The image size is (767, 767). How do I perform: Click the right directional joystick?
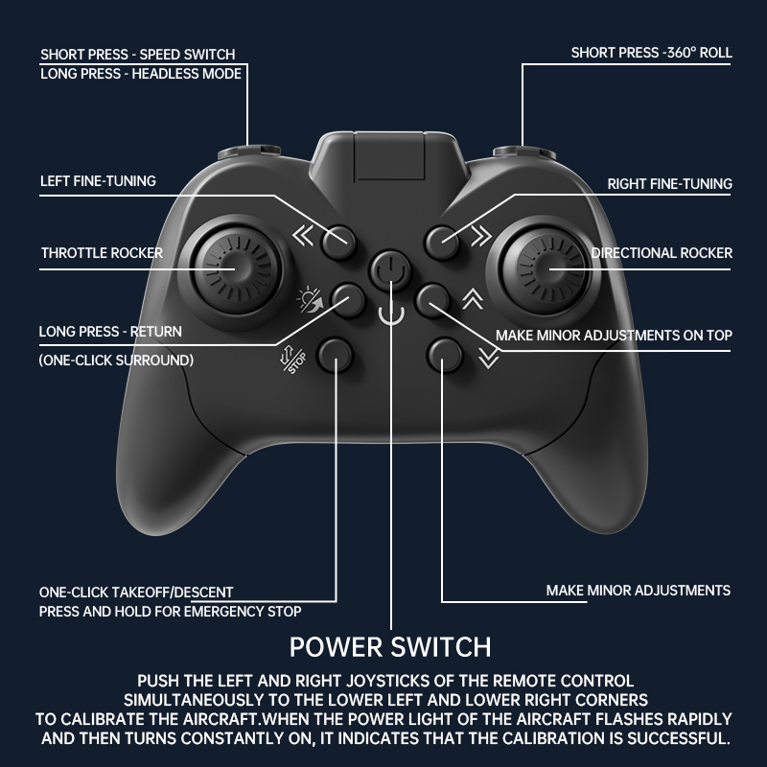coord(546,270)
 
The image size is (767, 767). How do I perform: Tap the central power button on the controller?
coord(390,270)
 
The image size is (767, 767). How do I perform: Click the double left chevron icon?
coord(303,235)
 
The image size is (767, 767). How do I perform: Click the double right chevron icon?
coord(481,235)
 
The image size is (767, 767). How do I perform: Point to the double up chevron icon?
coord(473,298)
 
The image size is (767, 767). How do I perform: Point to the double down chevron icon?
coord(489,358)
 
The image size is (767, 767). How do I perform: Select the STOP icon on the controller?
coord(293,360)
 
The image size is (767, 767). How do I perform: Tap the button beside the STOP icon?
coord(335,355)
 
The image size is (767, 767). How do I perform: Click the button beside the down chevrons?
coord(444,355)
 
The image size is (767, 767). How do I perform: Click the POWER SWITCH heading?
coord(390,647)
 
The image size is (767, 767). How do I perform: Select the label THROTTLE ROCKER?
coord(102,253)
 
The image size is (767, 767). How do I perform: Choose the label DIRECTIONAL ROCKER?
coord(662,253)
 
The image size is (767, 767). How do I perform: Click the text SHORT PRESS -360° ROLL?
coord(652,53)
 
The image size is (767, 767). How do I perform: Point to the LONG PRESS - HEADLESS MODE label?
coord(141,74)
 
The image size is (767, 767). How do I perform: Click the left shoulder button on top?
coord(249,151)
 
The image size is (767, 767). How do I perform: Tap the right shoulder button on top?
coord(524,151)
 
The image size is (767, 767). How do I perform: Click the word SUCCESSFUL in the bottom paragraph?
coord(679,738)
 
